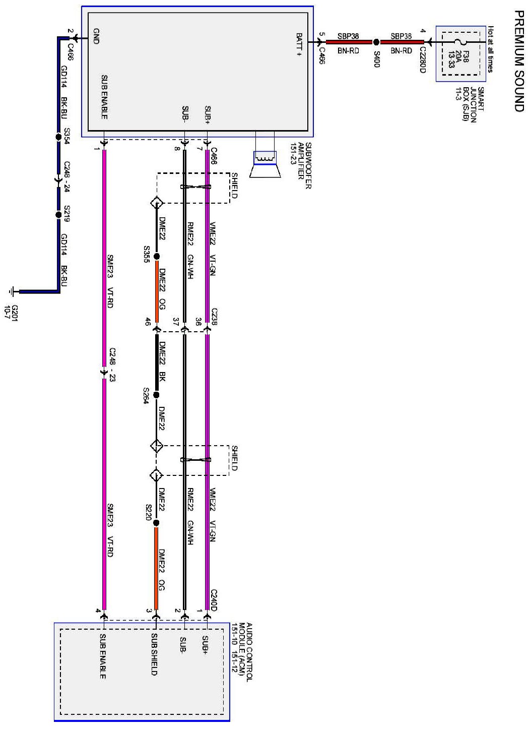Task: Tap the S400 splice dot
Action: [376, 42]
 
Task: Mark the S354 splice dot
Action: [58, 137]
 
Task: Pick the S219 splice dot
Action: [58, 215]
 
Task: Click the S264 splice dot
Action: [156, 395]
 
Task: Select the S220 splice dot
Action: [156, 523]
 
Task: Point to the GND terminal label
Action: [96, 36]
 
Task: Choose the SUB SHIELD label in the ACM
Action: [154, 655]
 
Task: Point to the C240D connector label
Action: [214, 600]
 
